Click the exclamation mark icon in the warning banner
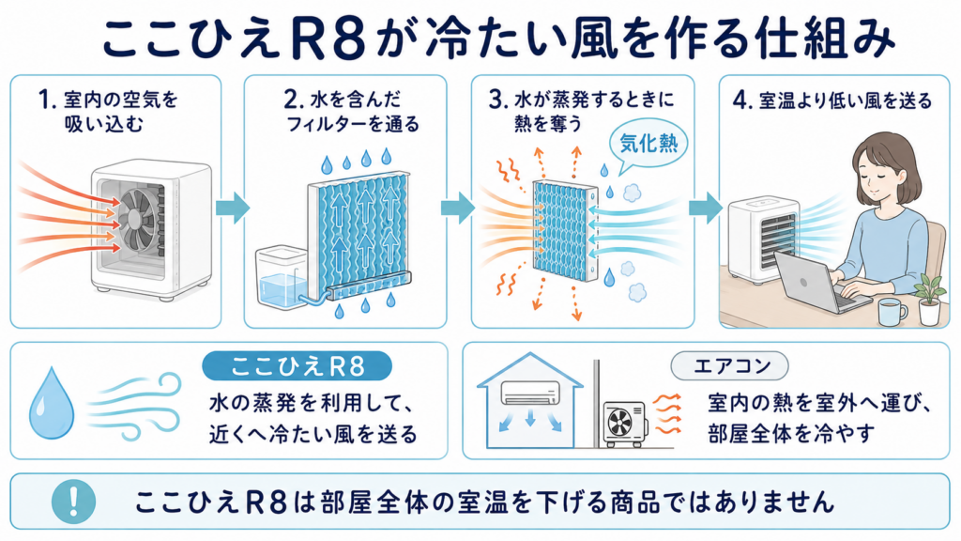tap(73, 502)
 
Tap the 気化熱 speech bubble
tap(648, 145)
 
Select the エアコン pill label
tap(729, 366)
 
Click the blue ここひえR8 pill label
tap(297, 366)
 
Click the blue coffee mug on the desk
tap(892, 312)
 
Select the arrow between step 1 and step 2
tap(233, 208)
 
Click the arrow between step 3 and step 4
tap(706, 208)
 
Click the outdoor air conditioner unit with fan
tap(625, 423)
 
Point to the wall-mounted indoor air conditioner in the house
tap(531, 393)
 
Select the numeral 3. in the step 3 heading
tap(498, 100)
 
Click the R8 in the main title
tap(328, 39)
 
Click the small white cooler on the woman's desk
tap(762, 241)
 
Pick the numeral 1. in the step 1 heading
tap(48, 100)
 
